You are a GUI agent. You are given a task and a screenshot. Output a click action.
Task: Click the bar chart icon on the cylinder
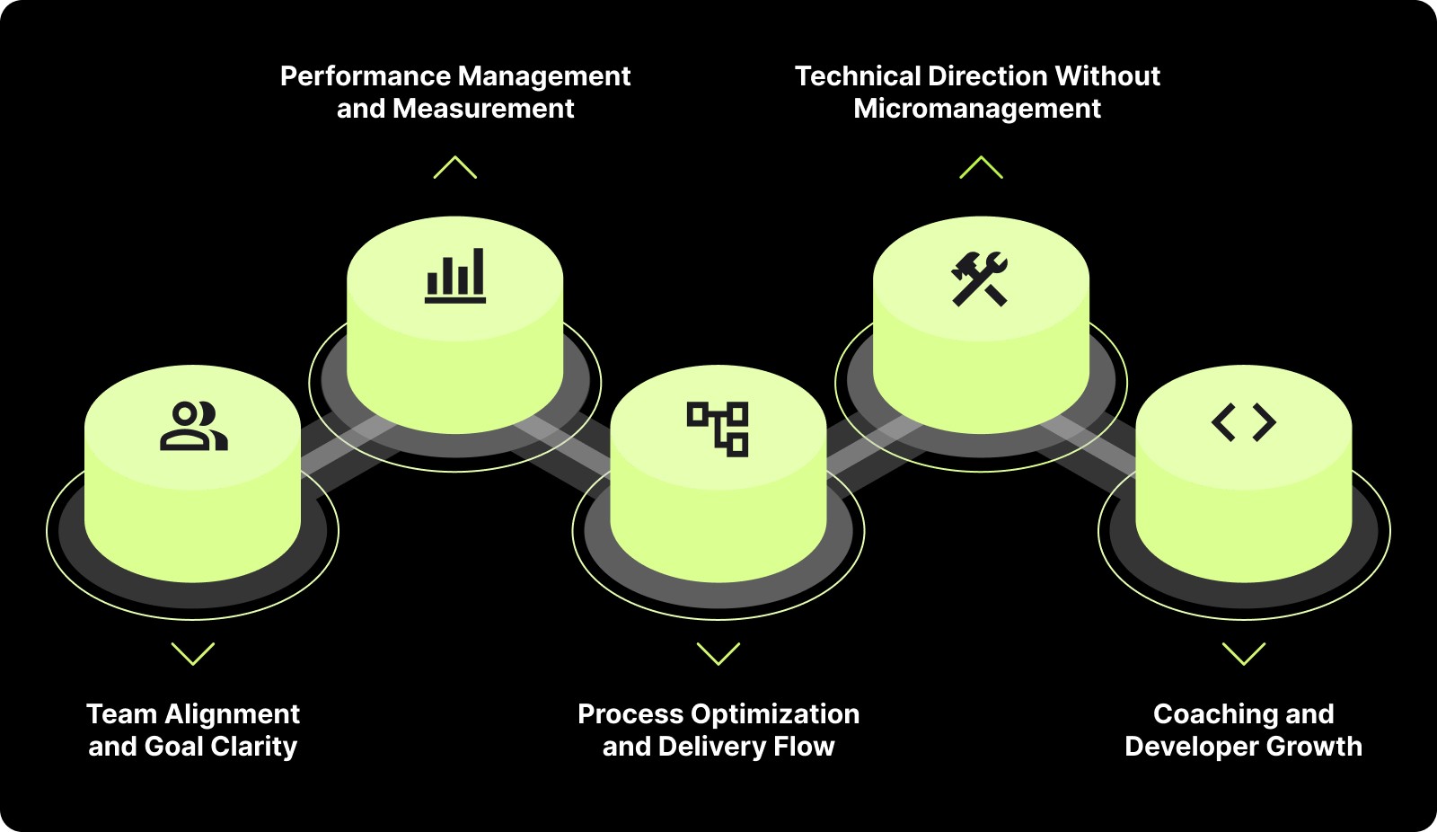pyautogui.click(x=455, y=275)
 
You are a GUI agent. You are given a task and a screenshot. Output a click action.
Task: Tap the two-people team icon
pyautogui.click(x=193, y=426)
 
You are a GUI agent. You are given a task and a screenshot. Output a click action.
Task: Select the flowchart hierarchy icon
pyautogui.click(x=718, y=429)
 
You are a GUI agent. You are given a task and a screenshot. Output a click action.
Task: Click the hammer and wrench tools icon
pyautogui.click(x=980, y=279)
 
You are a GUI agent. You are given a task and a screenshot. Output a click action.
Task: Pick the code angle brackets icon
pyautogui.click(x=1244, y=422)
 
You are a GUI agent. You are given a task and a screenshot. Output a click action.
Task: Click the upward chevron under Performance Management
pyautogui.click(x=455, y=167)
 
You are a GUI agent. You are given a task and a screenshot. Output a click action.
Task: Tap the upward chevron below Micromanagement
pyautogui.click(x=981, y=167)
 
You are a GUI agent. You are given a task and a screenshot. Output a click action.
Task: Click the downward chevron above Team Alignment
pyautogui.click(x=193, y=653)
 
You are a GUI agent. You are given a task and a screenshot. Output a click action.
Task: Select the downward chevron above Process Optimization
pyautogui.click(x=718, y=653)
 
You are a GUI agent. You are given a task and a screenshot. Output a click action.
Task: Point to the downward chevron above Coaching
pyautogui.click(x=1244, y=653)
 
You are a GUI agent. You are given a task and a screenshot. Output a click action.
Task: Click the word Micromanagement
pyautogui.click(x=977, y=109)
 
